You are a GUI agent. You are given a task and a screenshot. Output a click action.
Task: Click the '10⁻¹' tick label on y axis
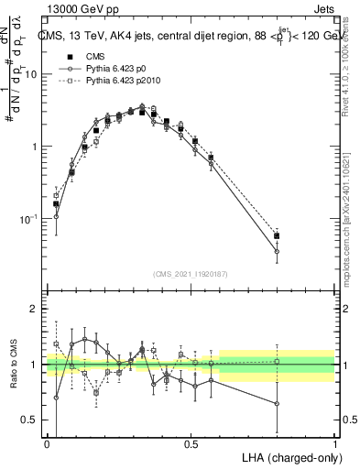pyautogui.click(x=31, y=219)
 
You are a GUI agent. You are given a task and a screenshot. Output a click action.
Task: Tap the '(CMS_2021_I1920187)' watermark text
pyautogui.click(x=191, y=272)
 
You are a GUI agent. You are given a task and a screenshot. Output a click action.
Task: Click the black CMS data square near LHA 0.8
pyautogui.click(x=277, y=235)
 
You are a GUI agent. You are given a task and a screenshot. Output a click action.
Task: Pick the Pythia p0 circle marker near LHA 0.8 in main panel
pyautogui.click(x=277, y=251)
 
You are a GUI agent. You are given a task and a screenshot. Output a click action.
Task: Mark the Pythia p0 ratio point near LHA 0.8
pyautogui.click(x=277, y=403)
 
